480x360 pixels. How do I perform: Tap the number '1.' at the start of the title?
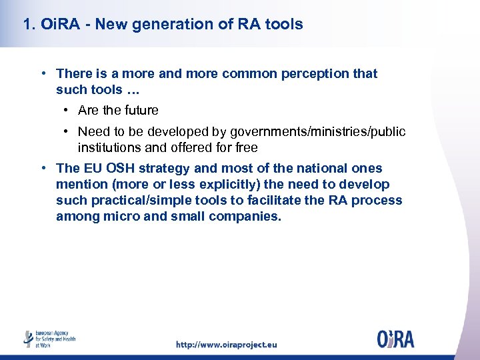coord(29,25)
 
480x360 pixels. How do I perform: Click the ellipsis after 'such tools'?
coord(133,89)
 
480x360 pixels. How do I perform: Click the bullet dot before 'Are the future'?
coord(68,110)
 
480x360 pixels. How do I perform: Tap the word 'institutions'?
coord(109,147)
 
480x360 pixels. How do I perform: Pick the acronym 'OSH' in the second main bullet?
coord(119,169)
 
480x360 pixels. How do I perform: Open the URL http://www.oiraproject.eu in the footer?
coord(226,345)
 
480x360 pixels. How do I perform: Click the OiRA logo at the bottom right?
coord(395,339)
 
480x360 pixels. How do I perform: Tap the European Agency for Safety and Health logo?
coord(49,339)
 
